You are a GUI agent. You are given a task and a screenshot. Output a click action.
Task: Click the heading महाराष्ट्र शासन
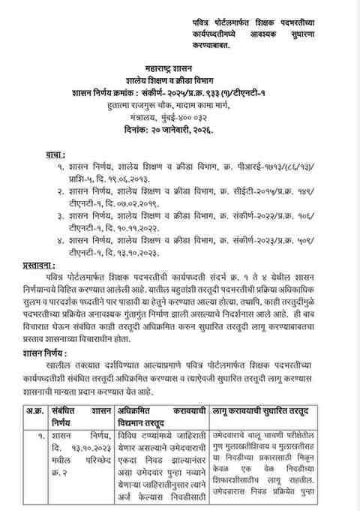(179, 68)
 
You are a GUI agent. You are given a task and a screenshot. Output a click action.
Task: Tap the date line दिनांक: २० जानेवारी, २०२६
(179, 131)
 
